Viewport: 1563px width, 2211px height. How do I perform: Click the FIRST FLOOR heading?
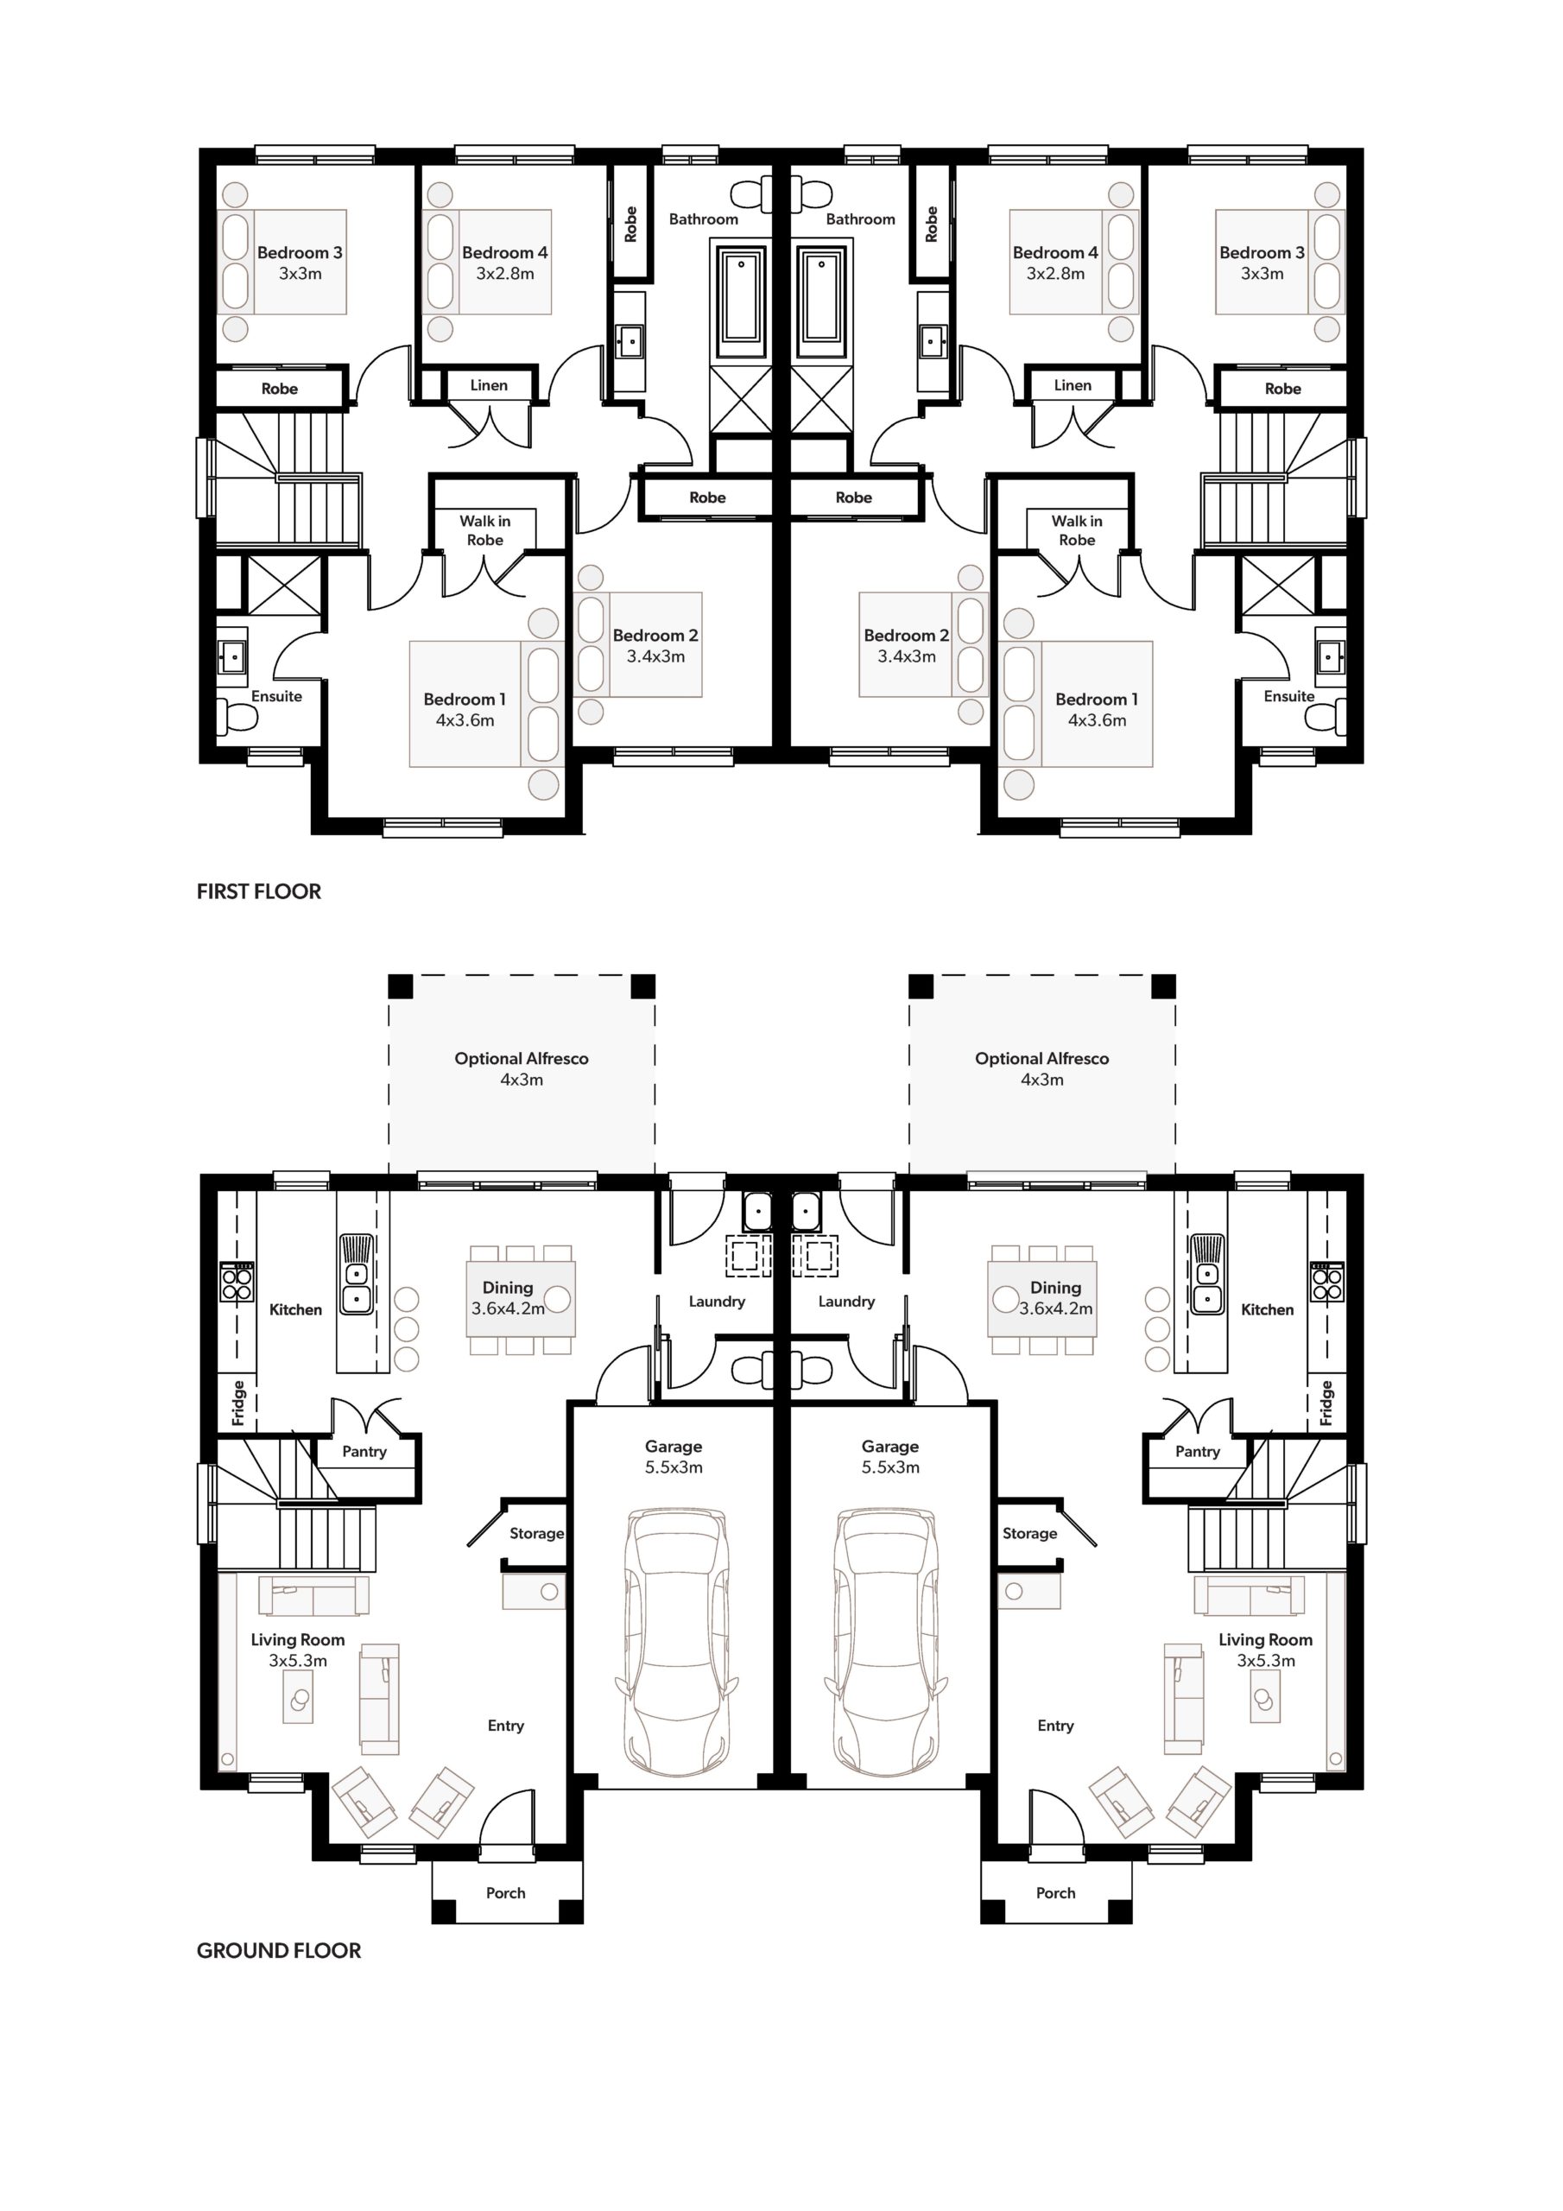259,891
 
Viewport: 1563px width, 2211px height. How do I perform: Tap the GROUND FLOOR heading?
279,1951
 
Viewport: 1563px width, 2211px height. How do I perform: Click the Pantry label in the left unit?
364,1451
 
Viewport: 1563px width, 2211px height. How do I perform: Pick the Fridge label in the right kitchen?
1326,1403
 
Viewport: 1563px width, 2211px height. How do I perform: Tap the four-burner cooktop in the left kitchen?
237,1282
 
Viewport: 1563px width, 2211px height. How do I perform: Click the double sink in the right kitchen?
1205,1273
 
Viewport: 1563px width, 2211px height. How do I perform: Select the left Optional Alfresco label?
521,1058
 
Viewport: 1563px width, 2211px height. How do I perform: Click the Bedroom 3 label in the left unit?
300,252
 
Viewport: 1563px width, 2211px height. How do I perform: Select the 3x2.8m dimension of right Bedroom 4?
1055,274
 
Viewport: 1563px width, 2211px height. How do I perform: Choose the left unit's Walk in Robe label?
485,530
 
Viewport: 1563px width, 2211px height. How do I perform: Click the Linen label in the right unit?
1073,385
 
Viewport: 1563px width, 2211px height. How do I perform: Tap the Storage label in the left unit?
536,1533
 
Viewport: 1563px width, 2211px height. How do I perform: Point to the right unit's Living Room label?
1265,1639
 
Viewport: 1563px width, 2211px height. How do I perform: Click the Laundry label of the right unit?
846,1301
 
